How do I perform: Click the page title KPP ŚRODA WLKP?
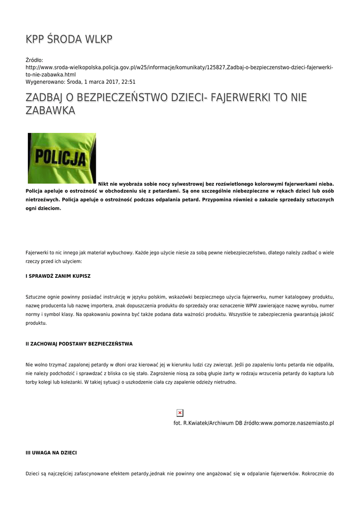[69, 39]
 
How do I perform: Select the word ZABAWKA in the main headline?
[50, 111]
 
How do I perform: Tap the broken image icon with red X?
[180, 413]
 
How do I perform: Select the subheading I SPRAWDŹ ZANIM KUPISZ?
[58, 276]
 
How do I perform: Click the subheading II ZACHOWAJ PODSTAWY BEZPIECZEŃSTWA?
[79, 344]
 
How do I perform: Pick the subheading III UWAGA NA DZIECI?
[51, 453]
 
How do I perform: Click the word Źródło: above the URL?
[34, 60]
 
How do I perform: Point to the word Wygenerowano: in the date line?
[45, 82]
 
